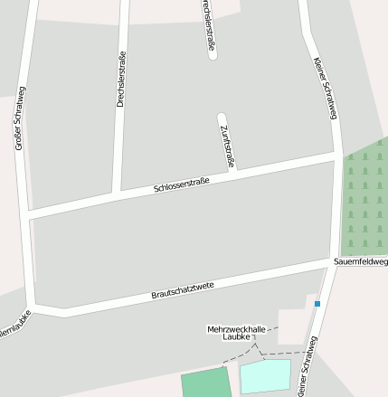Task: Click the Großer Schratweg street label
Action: [20, 118]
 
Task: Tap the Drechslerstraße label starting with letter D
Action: [121, 80]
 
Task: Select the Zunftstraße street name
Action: [227, 145]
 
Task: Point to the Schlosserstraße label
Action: [182, 185]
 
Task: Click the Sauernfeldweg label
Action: [360, 262]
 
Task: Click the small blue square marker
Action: [317, 304]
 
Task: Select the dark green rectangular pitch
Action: [206, 383]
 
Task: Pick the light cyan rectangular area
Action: [266, 376]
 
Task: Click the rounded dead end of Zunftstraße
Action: [222, 118]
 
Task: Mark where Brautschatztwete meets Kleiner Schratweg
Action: [332, 263]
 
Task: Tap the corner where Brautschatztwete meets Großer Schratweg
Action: [36, 305]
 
